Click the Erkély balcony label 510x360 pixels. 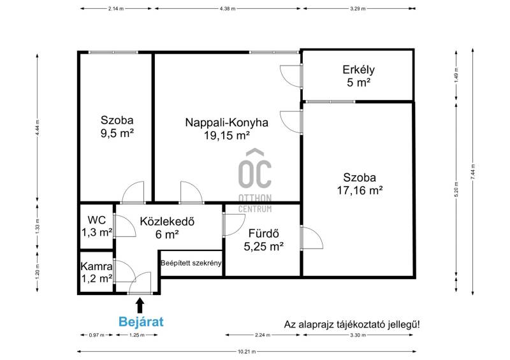(358, 70)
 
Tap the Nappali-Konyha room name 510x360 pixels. (227, 122)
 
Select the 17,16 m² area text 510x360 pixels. (360, 191)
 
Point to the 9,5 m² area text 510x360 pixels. (117, 133)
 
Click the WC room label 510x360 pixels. (97, 220)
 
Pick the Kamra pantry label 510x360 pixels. (96, 266)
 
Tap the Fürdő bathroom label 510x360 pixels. (263, 233)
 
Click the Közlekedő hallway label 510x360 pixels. (167, 221)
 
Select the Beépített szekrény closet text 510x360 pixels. (191, 263)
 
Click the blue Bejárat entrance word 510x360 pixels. (141, 322)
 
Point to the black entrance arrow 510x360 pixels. (140, 306)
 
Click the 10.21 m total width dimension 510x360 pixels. (247, 352)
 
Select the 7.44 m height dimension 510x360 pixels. (473, 171)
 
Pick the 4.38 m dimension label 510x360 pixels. (228, 9)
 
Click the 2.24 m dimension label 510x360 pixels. (262, 335)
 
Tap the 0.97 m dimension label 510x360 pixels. (97, 335)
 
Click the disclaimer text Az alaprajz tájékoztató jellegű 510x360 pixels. (352, 324)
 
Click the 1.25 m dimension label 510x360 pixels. (136, 335)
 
